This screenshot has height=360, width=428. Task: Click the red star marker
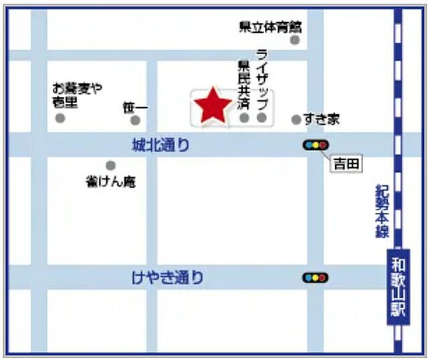tap(213, 106)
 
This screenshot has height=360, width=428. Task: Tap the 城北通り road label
tap(160, 145)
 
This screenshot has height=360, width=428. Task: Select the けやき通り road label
tap(168, 278)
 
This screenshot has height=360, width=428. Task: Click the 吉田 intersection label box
tap(346, 163)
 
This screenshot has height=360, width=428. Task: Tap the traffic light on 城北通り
tap(316, 145)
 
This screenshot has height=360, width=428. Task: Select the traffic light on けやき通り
tap(316, 277)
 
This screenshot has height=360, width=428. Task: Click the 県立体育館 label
tap(270, 27)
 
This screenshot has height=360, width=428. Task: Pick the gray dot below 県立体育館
tap(295, 40)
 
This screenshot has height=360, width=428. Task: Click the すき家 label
tap(321, 119)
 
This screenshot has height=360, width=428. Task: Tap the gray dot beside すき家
tap(296, 120)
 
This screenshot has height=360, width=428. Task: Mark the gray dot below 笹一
tap(135, 120)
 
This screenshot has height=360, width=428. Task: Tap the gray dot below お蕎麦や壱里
tap(60, 118)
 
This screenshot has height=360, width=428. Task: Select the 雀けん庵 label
tap(111, 181)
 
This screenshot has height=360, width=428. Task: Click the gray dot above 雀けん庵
tap(110, 165)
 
